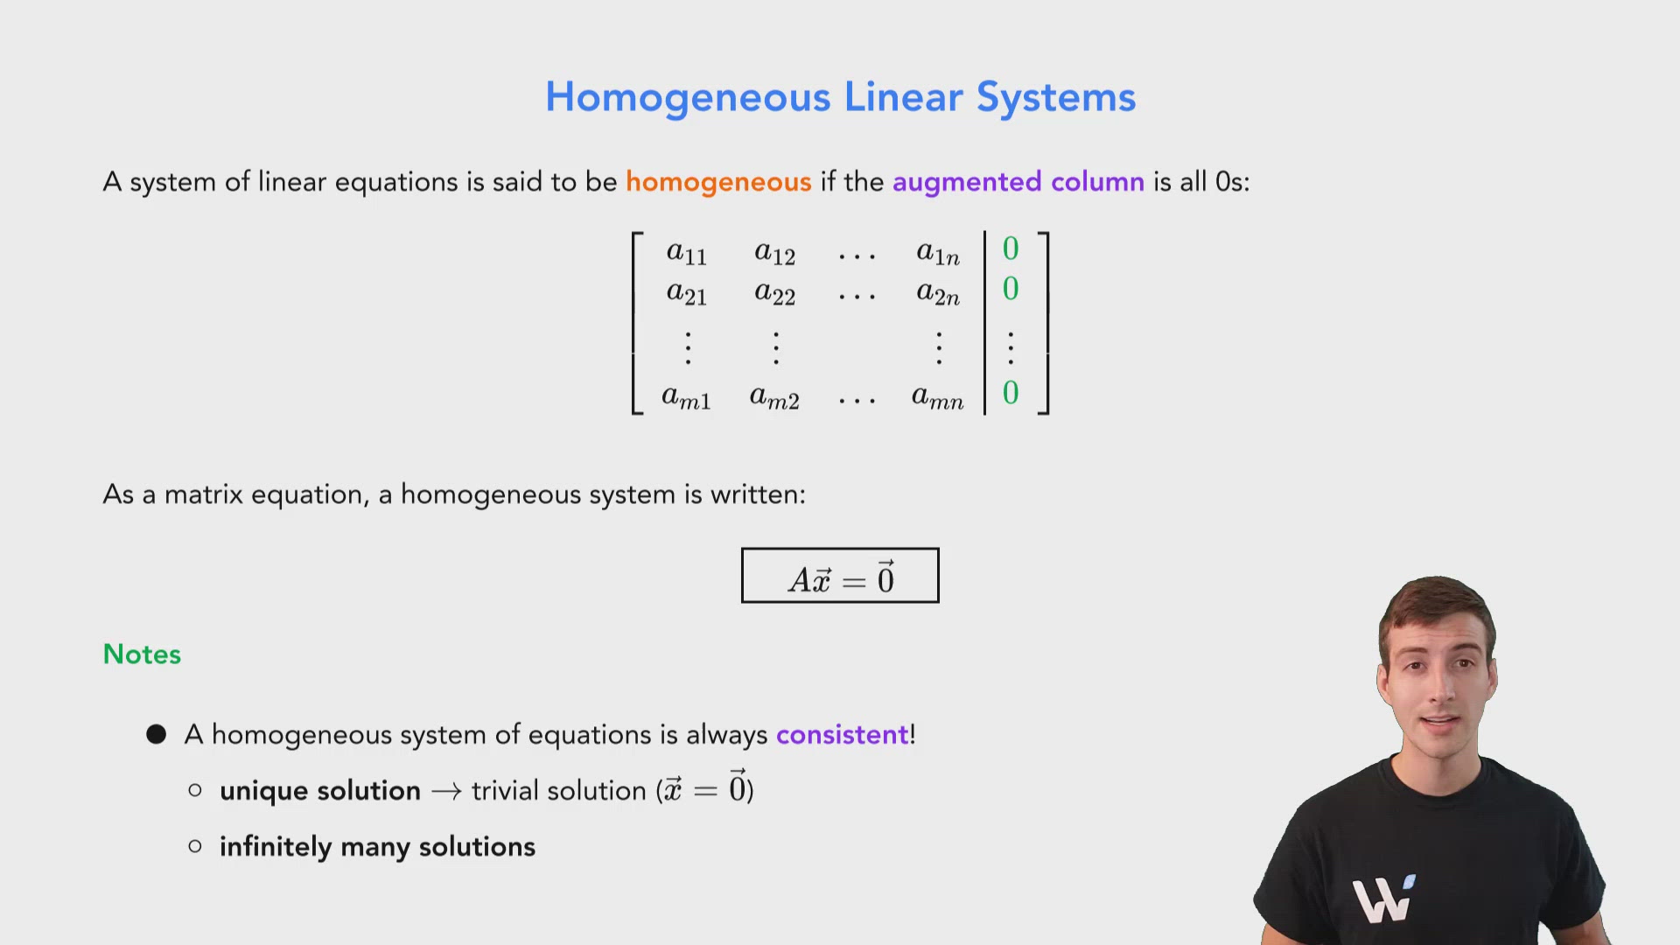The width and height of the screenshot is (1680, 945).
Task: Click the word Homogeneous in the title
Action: [687, 97]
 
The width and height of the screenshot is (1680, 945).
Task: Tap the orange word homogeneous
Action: [718, 182]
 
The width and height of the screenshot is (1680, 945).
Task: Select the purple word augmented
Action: [967, 182]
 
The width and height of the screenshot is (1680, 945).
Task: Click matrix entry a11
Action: [686, 253]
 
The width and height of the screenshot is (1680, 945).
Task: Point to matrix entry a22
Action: [774, 293]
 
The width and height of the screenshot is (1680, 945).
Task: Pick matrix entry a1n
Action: [938, 253]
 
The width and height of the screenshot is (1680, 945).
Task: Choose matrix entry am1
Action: [686, 398]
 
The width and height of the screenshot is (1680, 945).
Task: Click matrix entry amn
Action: [937, 398]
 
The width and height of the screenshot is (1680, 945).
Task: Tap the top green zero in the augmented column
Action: [1011, 249]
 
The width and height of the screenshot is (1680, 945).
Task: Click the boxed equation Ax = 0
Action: [840, 576]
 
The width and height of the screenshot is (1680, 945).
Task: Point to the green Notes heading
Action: [142, 654]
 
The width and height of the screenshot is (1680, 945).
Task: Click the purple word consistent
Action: [842, 735]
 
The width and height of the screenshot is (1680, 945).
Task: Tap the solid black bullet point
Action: [157, 734]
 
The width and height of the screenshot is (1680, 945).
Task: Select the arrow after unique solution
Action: [446, 792]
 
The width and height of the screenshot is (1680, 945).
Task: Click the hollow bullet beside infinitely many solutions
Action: [195, 846]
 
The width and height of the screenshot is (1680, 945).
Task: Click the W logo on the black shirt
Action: [1382, 899]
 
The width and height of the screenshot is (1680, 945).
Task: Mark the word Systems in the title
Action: [1056, 97]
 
